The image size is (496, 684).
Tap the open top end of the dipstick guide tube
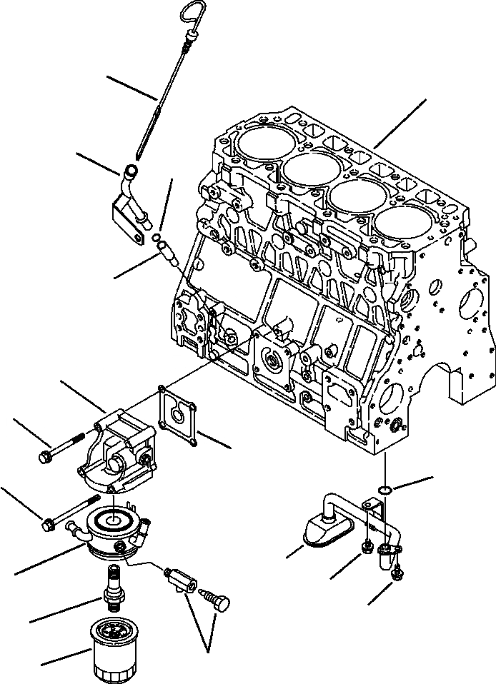(x=130, y=170)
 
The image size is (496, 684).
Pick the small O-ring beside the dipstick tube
(x=156, y=238)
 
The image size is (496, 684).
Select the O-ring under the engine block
(x=385, y=489)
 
